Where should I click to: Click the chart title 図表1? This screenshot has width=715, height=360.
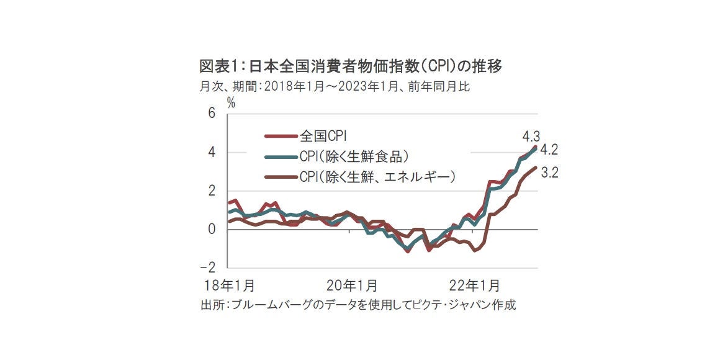pos(350,66)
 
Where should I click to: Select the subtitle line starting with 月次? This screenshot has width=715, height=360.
pos(335,87)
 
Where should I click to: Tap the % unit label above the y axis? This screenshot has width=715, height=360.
pos(231,103)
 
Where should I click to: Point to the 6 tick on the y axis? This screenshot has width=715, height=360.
pos(212,114)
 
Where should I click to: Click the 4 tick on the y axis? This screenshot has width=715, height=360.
pos(212,153)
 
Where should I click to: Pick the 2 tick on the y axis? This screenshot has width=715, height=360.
pos(212,191)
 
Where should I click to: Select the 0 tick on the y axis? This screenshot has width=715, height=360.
pos(212,230)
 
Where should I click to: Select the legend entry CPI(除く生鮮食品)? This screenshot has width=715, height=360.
pos(354,155)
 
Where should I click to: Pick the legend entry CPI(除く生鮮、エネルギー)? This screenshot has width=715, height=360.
pos(377,176)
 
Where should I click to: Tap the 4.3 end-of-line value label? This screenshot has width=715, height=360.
pos(532,135)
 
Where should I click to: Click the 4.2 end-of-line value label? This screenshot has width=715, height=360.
pos(549,150)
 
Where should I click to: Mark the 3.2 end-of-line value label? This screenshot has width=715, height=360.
pos(550,173)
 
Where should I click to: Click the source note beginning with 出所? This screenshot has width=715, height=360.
pos(358,305)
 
